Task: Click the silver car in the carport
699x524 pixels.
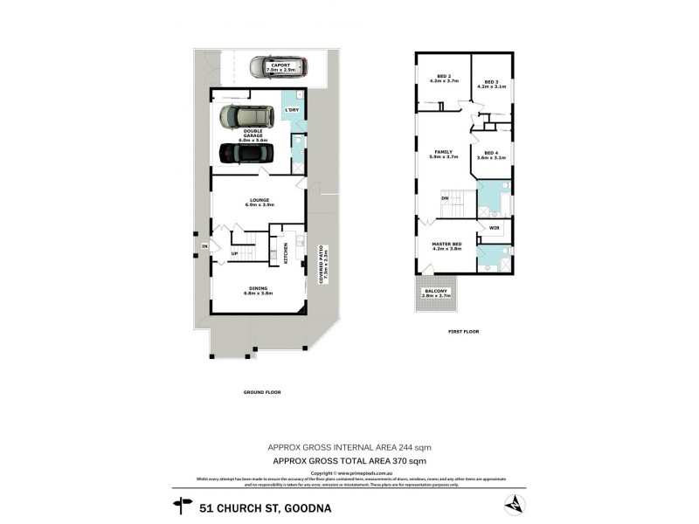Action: point(271,66)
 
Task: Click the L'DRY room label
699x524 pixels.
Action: point(292,110)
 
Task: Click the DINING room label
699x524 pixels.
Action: point(257,291)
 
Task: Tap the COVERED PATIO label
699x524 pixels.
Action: point(322,265)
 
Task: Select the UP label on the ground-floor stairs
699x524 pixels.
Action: point(234,254)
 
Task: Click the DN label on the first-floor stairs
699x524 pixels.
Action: point(445,199)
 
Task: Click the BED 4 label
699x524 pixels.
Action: point(490,155)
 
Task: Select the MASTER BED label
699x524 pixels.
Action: point(446,246)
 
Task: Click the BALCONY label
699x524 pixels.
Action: point(435,294)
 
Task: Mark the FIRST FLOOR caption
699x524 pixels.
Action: point(463,332)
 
